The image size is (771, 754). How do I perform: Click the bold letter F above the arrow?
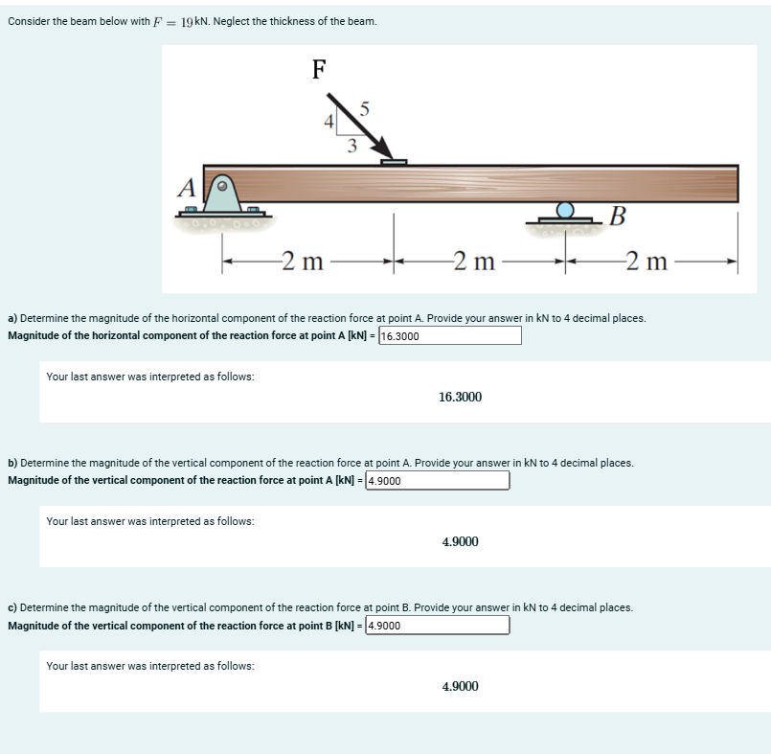tap(320, 69)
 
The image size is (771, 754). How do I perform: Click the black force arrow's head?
tap(386, 151)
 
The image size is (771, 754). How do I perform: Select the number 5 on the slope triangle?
tap(363, 109)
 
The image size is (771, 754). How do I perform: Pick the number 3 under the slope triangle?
tap(351, 147)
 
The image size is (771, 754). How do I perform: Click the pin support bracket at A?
tap(222, 194)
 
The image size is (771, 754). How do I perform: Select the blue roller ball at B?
tap(566, 210)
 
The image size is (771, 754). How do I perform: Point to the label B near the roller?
tap(618, 215)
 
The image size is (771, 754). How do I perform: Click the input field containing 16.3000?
tap(450, 335)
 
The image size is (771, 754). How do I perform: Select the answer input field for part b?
tap(438, 480)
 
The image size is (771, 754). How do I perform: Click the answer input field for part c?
tap(438, 626)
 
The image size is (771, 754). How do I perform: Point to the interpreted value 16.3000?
tap(460, 397)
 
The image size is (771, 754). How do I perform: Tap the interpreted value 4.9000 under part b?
tap(460, 542)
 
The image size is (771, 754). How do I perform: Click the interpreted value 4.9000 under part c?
tap(460, 687)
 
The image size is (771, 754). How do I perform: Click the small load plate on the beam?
tap(394, 161)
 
